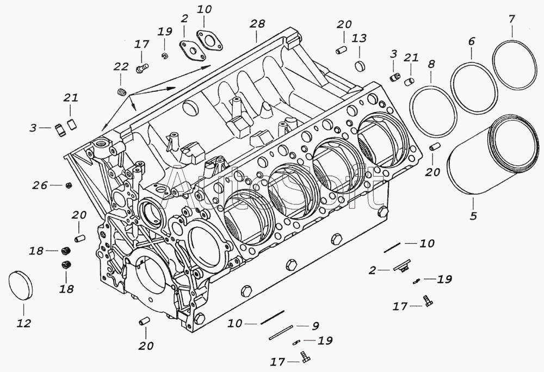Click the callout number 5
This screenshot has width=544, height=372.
click(473, 216)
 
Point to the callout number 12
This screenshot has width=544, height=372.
click(23, 323)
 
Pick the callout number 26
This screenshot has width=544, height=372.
click(39, 185)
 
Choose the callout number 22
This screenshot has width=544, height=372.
click(121, 67)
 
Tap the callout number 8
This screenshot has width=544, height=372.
click(431, 64)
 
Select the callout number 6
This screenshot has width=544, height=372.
click(471, 41)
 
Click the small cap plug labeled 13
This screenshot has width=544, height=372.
click(359, 66)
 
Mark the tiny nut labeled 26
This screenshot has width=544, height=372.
click(69, 185)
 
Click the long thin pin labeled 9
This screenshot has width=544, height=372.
click(281, 333)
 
